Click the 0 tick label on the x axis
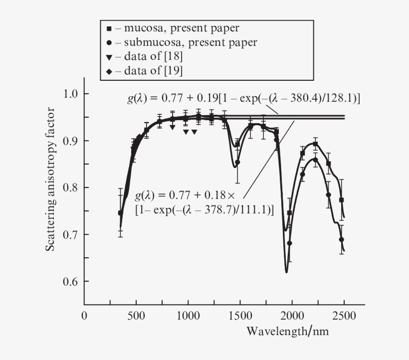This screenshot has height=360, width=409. (x=84, y=316)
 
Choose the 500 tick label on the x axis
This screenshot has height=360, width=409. (x=136, y=316)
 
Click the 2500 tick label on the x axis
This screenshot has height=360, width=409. (x=344, y=316)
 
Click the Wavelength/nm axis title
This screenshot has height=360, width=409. (x=288, y=331)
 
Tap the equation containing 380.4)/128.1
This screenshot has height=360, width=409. (x=243, y=99)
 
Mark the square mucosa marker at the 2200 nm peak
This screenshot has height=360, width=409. (x=315, y=144)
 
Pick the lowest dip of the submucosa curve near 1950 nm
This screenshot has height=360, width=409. (x=286, y=272)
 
